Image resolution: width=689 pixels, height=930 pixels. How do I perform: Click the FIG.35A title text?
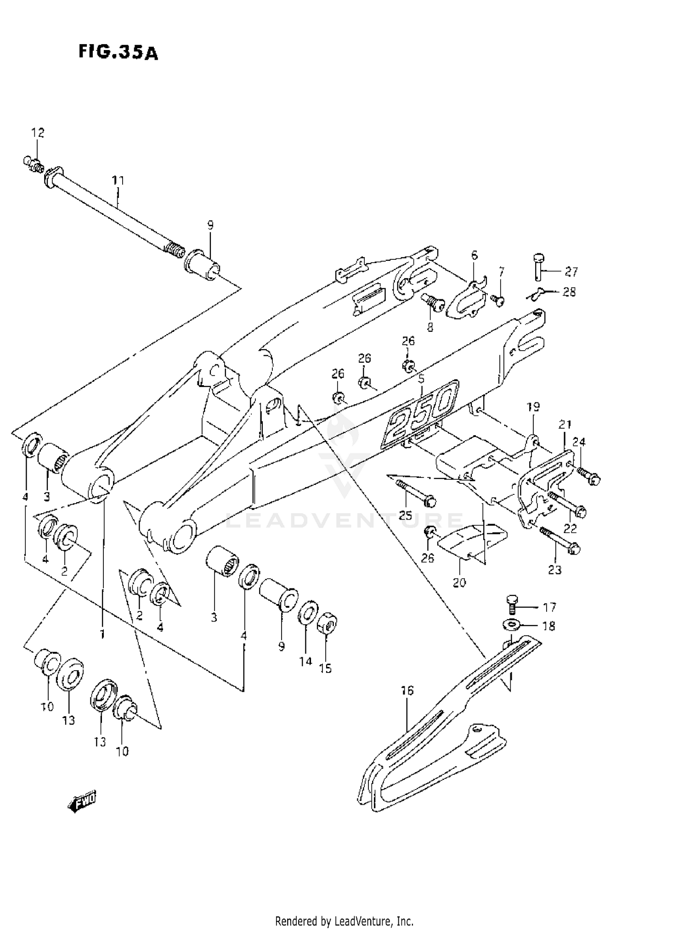coord(118,52)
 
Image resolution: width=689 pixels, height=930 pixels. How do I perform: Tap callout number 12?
coord(38,133)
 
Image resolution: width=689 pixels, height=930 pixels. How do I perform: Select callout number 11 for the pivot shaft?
coord(119,180)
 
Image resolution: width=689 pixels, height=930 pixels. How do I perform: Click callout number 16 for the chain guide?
coord(407,690)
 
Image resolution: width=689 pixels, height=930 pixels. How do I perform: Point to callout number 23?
coord(555,570)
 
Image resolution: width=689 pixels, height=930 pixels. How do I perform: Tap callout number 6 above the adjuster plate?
coord(474,255)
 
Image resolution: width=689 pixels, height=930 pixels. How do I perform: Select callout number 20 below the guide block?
coord(459,583)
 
